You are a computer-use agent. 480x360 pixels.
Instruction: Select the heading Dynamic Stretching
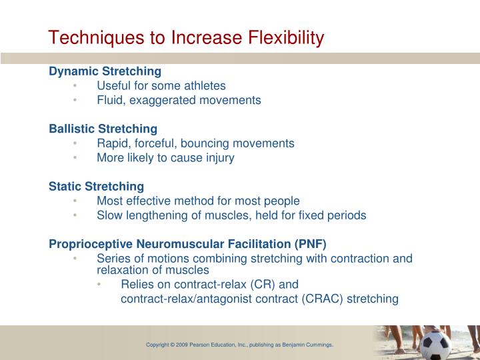click(105, 71)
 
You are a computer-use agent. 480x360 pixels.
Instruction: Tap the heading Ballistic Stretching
click(103, 128)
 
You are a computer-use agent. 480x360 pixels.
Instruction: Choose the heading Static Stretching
click(96, 186)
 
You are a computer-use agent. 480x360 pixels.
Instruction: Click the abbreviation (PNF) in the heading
click(311, 243)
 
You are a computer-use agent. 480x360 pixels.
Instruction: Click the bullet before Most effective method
click(77, 201)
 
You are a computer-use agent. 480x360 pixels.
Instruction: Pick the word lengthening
click(159, 215)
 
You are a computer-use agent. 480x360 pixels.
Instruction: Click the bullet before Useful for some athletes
click(77, 85)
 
